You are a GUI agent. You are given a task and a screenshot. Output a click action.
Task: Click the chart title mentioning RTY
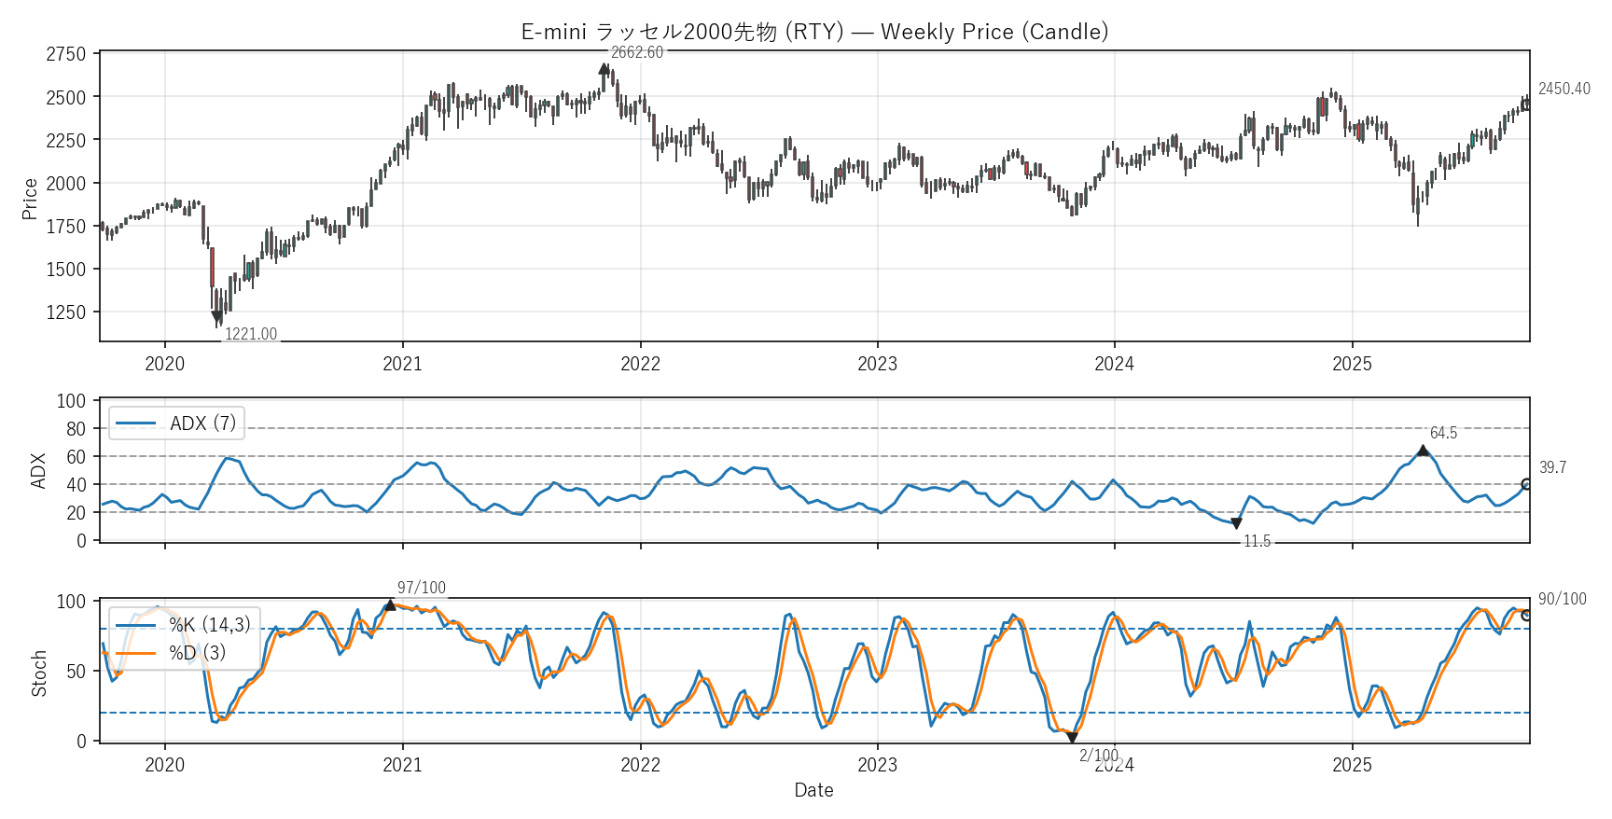click(814, 32)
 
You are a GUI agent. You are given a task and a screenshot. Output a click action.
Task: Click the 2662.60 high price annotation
click(637, 53)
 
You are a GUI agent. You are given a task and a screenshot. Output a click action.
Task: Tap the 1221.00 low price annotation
click(251, 334)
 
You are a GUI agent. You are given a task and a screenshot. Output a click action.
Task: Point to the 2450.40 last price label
click(1563, 89)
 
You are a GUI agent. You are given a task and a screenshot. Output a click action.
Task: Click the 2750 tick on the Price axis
click(65, 54)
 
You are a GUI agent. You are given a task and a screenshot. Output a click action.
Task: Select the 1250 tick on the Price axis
click(65, 312)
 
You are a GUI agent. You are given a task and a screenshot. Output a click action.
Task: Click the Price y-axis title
click(30, 199)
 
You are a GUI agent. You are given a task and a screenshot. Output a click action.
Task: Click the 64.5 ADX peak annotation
click(1443, 433)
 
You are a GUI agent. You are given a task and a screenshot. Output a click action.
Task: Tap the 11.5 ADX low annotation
click(1257, 541)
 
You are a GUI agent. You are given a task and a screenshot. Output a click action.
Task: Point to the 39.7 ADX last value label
click(1552, 467)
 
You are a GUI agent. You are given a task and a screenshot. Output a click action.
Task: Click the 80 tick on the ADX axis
click(76, 429)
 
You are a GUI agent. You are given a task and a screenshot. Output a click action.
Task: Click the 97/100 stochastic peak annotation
click(422, 588)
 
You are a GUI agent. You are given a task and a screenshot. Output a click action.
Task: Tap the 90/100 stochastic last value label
click(1562, 599)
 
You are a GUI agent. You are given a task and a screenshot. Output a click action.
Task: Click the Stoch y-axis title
click(39, 673)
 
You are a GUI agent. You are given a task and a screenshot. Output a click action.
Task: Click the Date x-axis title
click(813, 790)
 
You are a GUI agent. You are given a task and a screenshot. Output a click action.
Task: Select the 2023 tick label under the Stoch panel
click(877, 765)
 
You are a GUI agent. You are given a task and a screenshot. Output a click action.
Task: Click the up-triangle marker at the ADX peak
click(1423, 451)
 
